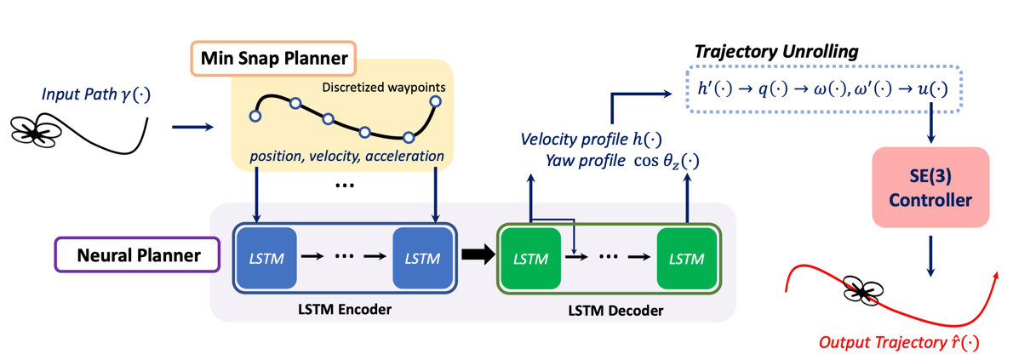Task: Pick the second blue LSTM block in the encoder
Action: tap(422, 256)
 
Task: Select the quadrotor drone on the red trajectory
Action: tap(867, 292)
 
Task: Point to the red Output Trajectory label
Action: tap(898, 343)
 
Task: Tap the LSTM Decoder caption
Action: tap(615, 311)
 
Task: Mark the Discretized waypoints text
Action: tap(381, 87)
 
